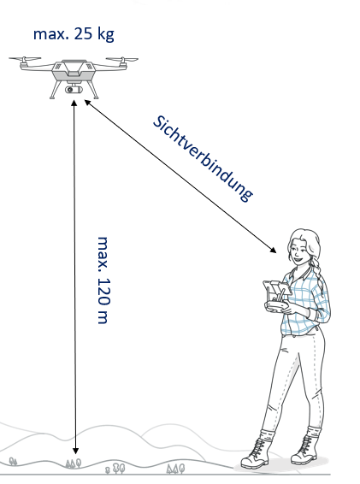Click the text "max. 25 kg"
pyautogui.click(x=74, y=34)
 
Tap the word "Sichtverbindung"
pyautogui.click(x=204, y=159)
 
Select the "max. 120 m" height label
pyautogui.click(x=103, y=280)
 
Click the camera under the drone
pyautogui.click(x=74, y=90)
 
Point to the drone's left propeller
pyautogui.click(x=25, y=58)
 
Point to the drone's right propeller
pyautogui.click(x=122, y=59)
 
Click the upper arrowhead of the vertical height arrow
pyautogui.click(x=74, y=103)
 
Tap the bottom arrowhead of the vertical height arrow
pyautogui.click(x=75, y=451)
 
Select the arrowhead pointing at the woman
pyautogui.click(x=273, y=250)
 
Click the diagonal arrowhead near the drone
pyautogui.click(x=88, y=103)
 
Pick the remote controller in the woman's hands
pyautogui.click(x=276, y=297)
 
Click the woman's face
pyautogui.click(x=298, y=251)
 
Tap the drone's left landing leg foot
pyautogui.click(x=52, y=97)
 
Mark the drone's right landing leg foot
pyautogui.click(x=96, y=97)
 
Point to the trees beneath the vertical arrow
pyautogui.click(x=74, y=463)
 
